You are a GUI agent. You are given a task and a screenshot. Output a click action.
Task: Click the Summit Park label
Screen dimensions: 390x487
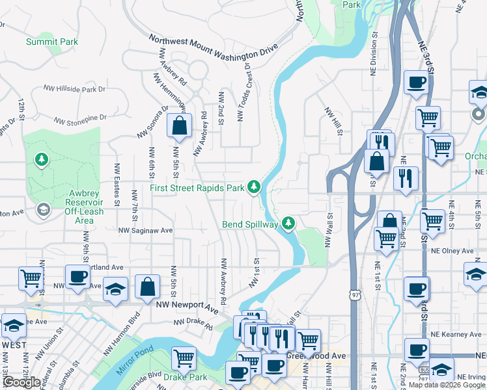click(52, 42)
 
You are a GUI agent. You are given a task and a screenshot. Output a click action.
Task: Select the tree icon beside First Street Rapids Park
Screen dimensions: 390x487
click(254, 188)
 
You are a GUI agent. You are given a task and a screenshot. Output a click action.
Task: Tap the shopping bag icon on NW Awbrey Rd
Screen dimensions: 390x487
click(179, 125)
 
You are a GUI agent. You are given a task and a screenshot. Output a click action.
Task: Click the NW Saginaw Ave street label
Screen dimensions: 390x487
click(145, 230)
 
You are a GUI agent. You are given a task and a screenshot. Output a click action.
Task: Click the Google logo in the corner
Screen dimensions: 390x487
click(21, 382)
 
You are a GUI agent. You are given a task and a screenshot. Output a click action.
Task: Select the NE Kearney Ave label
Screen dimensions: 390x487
click(457, 334)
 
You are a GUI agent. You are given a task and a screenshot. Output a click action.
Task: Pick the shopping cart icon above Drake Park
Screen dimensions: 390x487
click(184, 357)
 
